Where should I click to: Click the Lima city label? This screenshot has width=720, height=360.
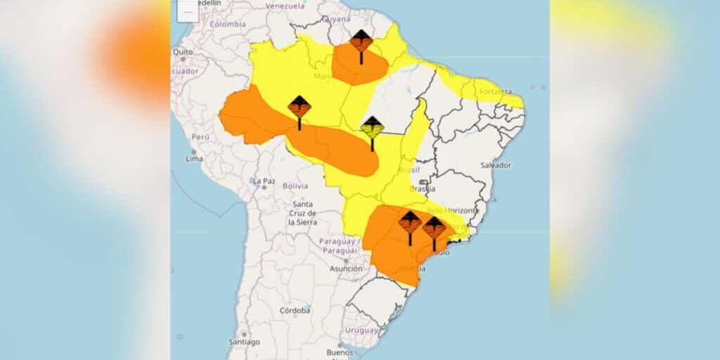194,159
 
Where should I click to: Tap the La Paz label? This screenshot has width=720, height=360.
264,181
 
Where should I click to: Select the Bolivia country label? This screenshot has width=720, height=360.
295,186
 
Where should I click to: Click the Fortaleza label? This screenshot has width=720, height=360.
496,91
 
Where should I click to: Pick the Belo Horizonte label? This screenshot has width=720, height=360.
454,210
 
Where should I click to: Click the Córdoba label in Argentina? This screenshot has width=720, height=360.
295,310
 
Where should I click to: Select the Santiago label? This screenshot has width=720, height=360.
245,342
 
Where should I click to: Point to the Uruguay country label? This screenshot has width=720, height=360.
362,330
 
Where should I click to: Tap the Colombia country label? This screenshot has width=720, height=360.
227,23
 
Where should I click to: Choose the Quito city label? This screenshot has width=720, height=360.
183,52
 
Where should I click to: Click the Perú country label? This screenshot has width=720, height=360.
201,136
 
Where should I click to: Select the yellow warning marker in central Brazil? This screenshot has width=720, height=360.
372,127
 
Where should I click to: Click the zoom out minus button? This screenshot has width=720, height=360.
188,11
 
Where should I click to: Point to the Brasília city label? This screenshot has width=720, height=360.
422,188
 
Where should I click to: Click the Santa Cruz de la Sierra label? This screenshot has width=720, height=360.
303,213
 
